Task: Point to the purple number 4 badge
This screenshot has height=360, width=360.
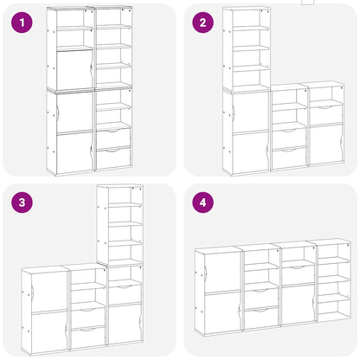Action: point(202,203)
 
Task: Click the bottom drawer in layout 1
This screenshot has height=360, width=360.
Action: point(112,158)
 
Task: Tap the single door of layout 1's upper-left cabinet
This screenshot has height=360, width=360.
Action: point(74,70)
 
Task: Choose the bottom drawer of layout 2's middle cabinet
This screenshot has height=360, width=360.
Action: point(289,157)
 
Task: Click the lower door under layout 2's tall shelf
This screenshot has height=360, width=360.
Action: point(249,152)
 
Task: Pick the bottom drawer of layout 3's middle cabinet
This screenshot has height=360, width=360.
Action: point(87,337)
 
